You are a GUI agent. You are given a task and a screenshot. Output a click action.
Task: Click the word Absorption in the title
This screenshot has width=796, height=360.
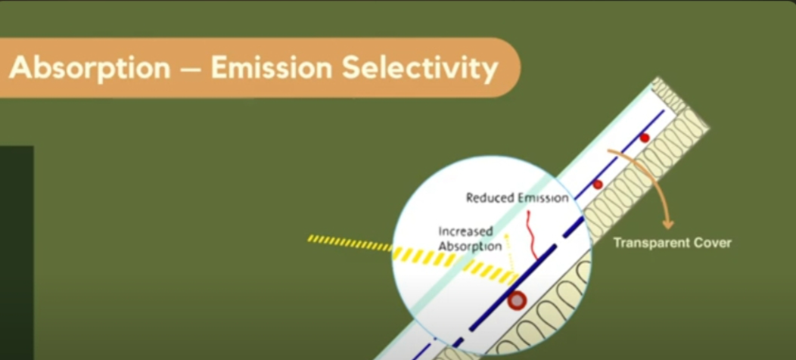pyautogui.click(x=90, y=67)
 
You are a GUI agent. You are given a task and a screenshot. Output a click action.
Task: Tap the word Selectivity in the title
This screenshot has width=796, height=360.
pyautogui.click(x=420, y=68)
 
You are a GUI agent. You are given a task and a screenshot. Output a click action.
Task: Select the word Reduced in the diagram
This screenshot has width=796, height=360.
pyautogui.click(x=490, y=197)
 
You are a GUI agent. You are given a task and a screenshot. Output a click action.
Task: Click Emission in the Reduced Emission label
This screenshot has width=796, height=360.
pyautogui.click(x=542, y=197)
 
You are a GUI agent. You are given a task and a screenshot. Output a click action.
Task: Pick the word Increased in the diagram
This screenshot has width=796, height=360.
pyautogui.click(x=465, y=232)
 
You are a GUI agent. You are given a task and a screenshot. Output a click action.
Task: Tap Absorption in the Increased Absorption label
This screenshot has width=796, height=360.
pyautogui.click(x=470, y=247)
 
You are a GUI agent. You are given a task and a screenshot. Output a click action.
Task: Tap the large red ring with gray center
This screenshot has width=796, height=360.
pyautogui.click(x=518, y=300)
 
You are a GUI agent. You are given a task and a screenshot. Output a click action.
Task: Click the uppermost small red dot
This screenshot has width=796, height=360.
pyautogui.click(x=644, y=138)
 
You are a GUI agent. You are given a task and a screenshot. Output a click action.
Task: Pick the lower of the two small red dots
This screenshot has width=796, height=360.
pyautogui.click(x=598, y=185)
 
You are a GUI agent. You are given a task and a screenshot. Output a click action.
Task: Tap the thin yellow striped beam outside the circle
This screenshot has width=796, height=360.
pyautogui.click(x=350, y=243)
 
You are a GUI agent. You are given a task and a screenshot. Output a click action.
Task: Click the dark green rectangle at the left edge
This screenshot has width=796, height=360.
pyautogui.click(x=17, y=253)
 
